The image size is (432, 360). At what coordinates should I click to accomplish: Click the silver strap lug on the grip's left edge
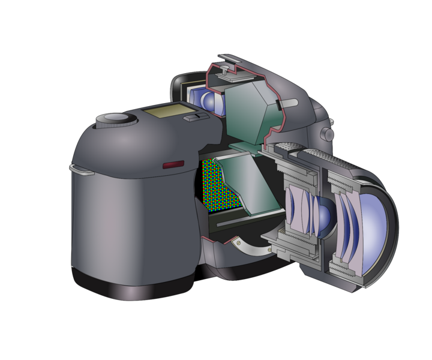tap(82, 170)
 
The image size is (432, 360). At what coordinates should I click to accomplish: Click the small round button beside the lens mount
tap(328, 133)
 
